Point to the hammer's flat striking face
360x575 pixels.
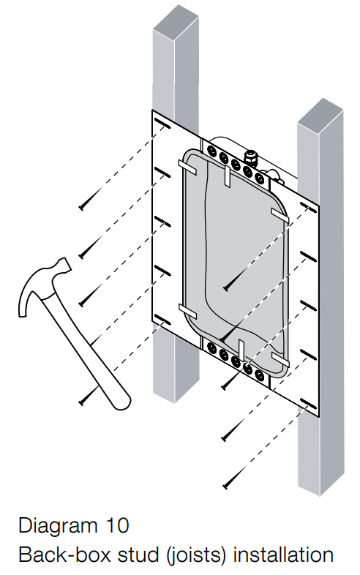(x=66, y=265)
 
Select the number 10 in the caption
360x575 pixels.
(x=117, y=525)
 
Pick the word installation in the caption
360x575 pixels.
(x=283, y=554)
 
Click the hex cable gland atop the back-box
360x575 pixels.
(x=251, y=157)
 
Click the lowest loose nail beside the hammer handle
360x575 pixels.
(x=86, y=398)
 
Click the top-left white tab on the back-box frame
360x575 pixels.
(x=187, y=168)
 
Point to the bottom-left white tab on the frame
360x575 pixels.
(x=187, y=312)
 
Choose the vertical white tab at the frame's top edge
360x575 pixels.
(x=227, y=176)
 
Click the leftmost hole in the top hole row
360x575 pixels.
(x=211, y=150)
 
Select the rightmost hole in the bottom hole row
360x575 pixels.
(x=259, y=375)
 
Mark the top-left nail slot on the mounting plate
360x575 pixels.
(x=162, y=124)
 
